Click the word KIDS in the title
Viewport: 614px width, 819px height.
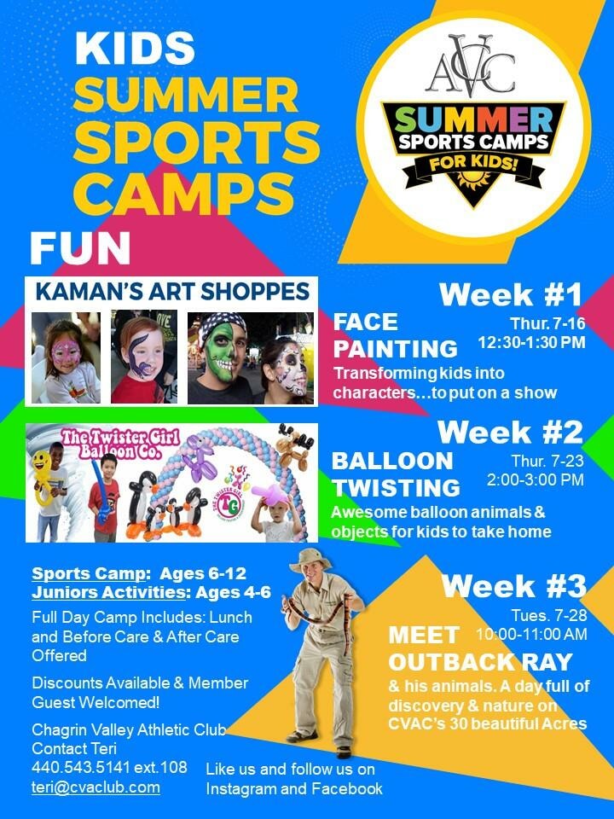click(x=129, y=49)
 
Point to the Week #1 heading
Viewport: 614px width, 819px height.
click(x=511, y=295)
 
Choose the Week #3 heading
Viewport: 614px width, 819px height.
click(x=513, y=586)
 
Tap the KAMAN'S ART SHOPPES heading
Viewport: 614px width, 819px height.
click(x=171, y=292)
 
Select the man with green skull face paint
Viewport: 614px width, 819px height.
click(x=223, y=358)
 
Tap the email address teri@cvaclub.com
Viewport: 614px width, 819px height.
click(x=96, y=787)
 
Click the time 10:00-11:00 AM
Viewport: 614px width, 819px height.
click(x=530, y=634)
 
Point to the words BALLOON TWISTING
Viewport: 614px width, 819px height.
click(x=396, y=473)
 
